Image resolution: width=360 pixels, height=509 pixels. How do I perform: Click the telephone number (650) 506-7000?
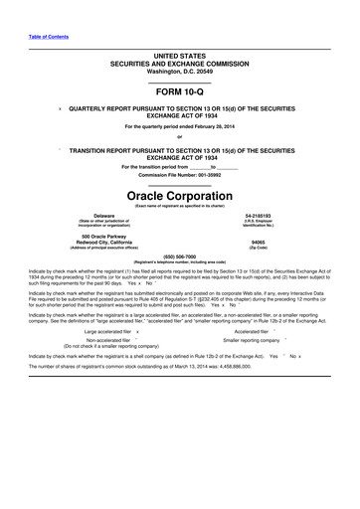pyautogui.click(x=179, y=254)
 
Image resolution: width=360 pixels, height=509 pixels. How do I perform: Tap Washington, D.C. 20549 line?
pyautogui.click(x=179, y=69)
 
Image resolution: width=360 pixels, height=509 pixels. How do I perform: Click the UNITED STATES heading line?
pyautogui.click(x=179, y=55)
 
